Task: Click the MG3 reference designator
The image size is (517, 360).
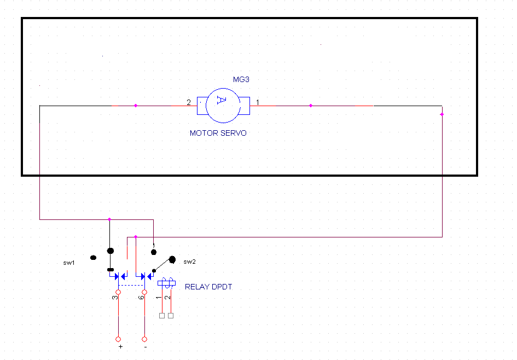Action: tap(241, 79)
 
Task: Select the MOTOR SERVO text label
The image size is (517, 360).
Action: tap(218, 133)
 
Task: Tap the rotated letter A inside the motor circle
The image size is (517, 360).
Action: tap(220, 100)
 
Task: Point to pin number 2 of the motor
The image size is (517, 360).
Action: tap(189, 102)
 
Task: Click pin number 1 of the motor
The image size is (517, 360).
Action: tap(258, 102)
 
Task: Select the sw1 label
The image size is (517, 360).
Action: tap(68, 263)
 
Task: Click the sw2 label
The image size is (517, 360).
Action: tap(189, 262)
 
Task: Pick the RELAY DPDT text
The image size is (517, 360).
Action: tap(208, 287)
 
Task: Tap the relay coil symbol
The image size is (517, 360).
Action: tap(166, 283)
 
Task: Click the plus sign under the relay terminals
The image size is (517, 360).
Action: tap(120, 346)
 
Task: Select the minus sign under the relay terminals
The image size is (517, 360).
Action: tap(145, 346)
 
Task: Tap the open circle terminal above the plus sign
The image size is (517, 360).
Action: tap(118, 338)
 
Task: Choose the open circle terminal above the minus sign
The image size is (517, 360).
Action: tap(144, 338)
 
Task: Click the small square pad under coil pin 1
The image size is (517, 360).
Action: tap(161, 316)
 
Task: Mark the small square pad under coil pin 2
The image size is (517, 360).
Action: tap(171, 316)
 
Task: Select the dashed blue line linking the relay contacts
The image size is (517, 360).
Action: tap(131, 285)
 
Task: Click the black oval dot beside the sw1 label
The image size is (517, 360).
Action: tap(93, 257)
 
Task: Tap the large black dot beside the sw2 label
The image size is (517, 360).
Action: tap(172, 259)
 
